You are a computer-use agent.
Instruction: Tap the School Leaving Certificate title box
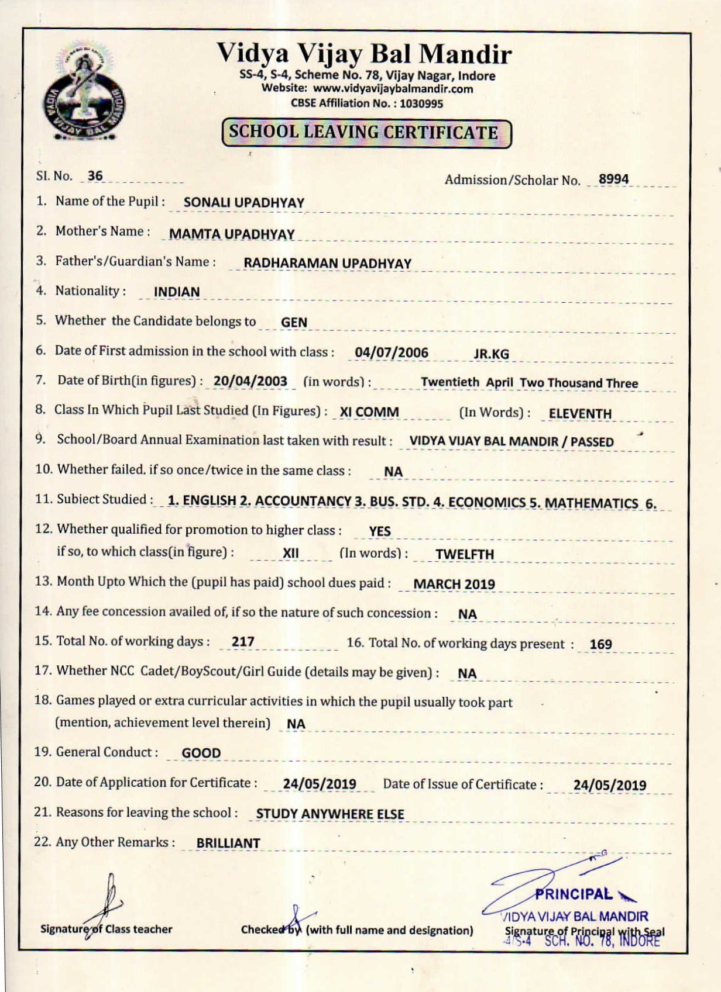coord(366,133)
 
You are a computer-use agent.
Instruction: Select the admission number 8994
coord(613,179)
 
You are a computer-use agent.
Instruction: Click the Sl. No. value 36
coord(95,176)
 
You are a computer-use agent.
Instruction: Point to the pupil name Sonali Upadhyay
coord(244,203)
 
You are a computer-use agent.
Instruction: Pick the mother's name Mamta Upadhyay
coord(232,234)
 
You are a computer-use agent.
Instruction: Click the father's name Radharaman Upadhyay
coord(327,264)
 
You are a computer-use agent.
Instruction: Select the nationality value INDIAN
coord(177,292)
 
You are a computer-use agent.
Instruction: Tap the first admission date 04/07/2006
coord(392,353)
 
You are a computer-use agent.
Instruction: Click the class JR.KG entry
coord(491,354)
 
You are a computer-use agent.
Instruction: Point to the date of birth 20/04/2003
coord(250,382)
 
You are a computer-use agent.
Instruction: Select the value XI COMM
coord(369,413)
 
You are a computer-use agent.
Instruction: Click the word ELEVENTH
coord(580,414)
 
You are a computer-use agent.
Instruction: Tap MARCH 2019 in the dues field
coord(454,585)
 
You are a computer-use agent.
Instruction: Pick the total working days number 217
coord(243,642)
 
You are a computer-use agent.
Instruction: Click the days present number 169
coord(600,644)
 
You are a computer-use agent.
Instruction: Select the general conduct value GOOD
coord(201,753)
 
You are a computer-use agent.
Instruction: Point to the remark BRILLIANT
coord(228,843)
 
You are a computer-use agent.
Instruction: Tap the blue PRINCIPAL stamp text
coord(574,894)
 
